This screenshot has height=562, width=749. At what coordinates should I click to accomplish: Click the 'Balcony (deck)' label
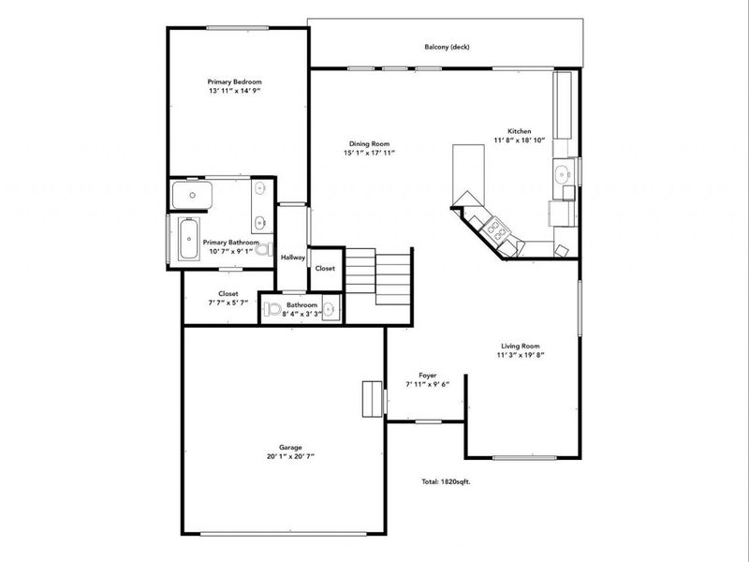coord(445,47)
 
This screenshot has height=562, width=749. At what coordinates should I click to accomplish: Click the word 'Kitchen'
coord(520,131)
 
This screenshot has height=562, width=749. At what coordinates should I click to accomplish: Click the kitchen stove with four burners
coord(495,230)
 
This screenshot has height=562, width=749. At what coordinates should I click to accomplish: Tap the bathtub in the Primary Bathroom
coord(189,241)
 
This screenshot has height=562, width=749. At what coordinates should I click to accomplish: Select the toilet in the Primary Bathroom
coord(265,250)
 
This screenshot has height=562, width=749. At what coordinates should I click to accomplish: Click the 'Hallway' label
coord(293,258)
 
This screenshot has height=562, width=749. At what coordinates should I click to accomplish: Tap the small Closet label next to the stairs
coord(325,269)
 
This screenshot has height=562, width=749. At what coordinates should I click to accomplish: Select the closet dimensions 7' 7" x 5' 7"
coord(228,303)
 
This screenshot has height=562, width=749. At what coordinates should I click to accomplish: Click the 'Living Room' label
coord(521,346)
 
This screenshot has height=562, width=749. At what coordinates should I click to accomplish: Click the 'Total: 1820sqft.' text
coord(445,482)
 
